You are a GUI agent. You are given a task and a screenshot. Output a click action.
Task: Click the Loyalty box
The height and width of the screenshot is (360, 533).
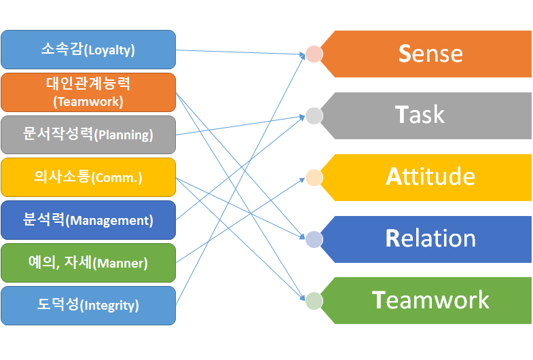tap(88, 50)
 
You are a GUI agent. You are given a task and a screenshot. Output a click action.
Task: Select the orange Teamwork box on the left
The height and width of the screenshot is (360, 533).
tap(88, 92)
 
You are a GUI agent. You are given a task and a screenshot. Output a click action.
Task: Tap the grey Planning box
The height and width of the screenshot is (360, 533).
tap(88, 134)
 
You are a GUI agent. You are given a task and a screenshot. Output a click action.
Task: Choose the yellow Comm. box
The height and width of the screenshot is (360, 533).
tap(88, 177)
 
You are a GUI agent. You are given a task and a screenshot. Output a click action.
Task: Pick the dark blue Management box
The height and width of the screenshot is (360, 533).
tap(88, 220)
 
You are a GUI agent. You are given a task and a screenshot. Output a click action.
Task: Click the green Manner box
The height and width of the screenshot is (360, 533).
tap(88, 263)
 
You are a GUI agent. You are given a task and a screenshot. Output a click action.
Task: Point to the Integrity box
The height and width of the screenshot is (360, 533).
tap(88, 306)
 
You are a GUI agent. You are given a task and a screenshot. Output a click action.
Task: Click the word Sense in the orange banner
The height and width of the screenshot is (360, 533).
tap(430, 54)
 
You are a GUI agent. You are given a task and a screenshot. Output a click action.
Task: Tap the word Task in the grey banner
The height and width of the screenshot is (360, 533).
tap(420, 115)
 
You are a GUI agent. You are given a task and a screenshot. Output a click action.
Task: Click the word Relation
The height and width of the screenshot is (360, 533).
tap(430, 239)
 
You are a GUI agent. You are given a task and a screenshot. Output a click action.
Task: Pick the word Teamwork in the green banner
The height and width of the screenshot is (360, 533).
tap(430, 300)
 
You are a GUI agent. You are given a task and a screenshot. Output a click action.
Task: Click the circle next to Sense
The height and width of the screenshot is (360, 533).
tap(313, 54)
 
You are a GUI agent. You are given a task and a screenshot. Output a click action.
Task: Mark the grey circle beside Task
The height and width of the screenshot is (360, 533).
tap(313, 115)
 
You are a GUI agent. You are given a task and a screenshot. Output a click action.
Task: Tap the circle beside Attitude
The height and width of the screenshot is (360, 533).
tap(313, 177)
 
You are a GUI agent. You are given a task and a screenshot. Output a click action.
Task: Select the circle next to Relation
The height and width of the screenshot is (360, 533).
tap(313, 239)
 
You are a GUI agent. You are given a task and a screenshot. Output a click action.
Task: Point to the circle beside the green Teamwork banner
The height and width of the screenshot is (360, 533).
tap(313, 300)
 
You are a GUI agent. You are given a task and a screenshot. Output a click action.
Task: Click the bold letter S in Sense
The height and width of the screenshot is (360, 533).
tap(405, 54)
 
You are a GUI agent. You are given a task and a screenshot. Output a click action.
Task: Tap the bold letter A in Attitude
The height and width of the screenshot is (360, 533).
tap(394, 177)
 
